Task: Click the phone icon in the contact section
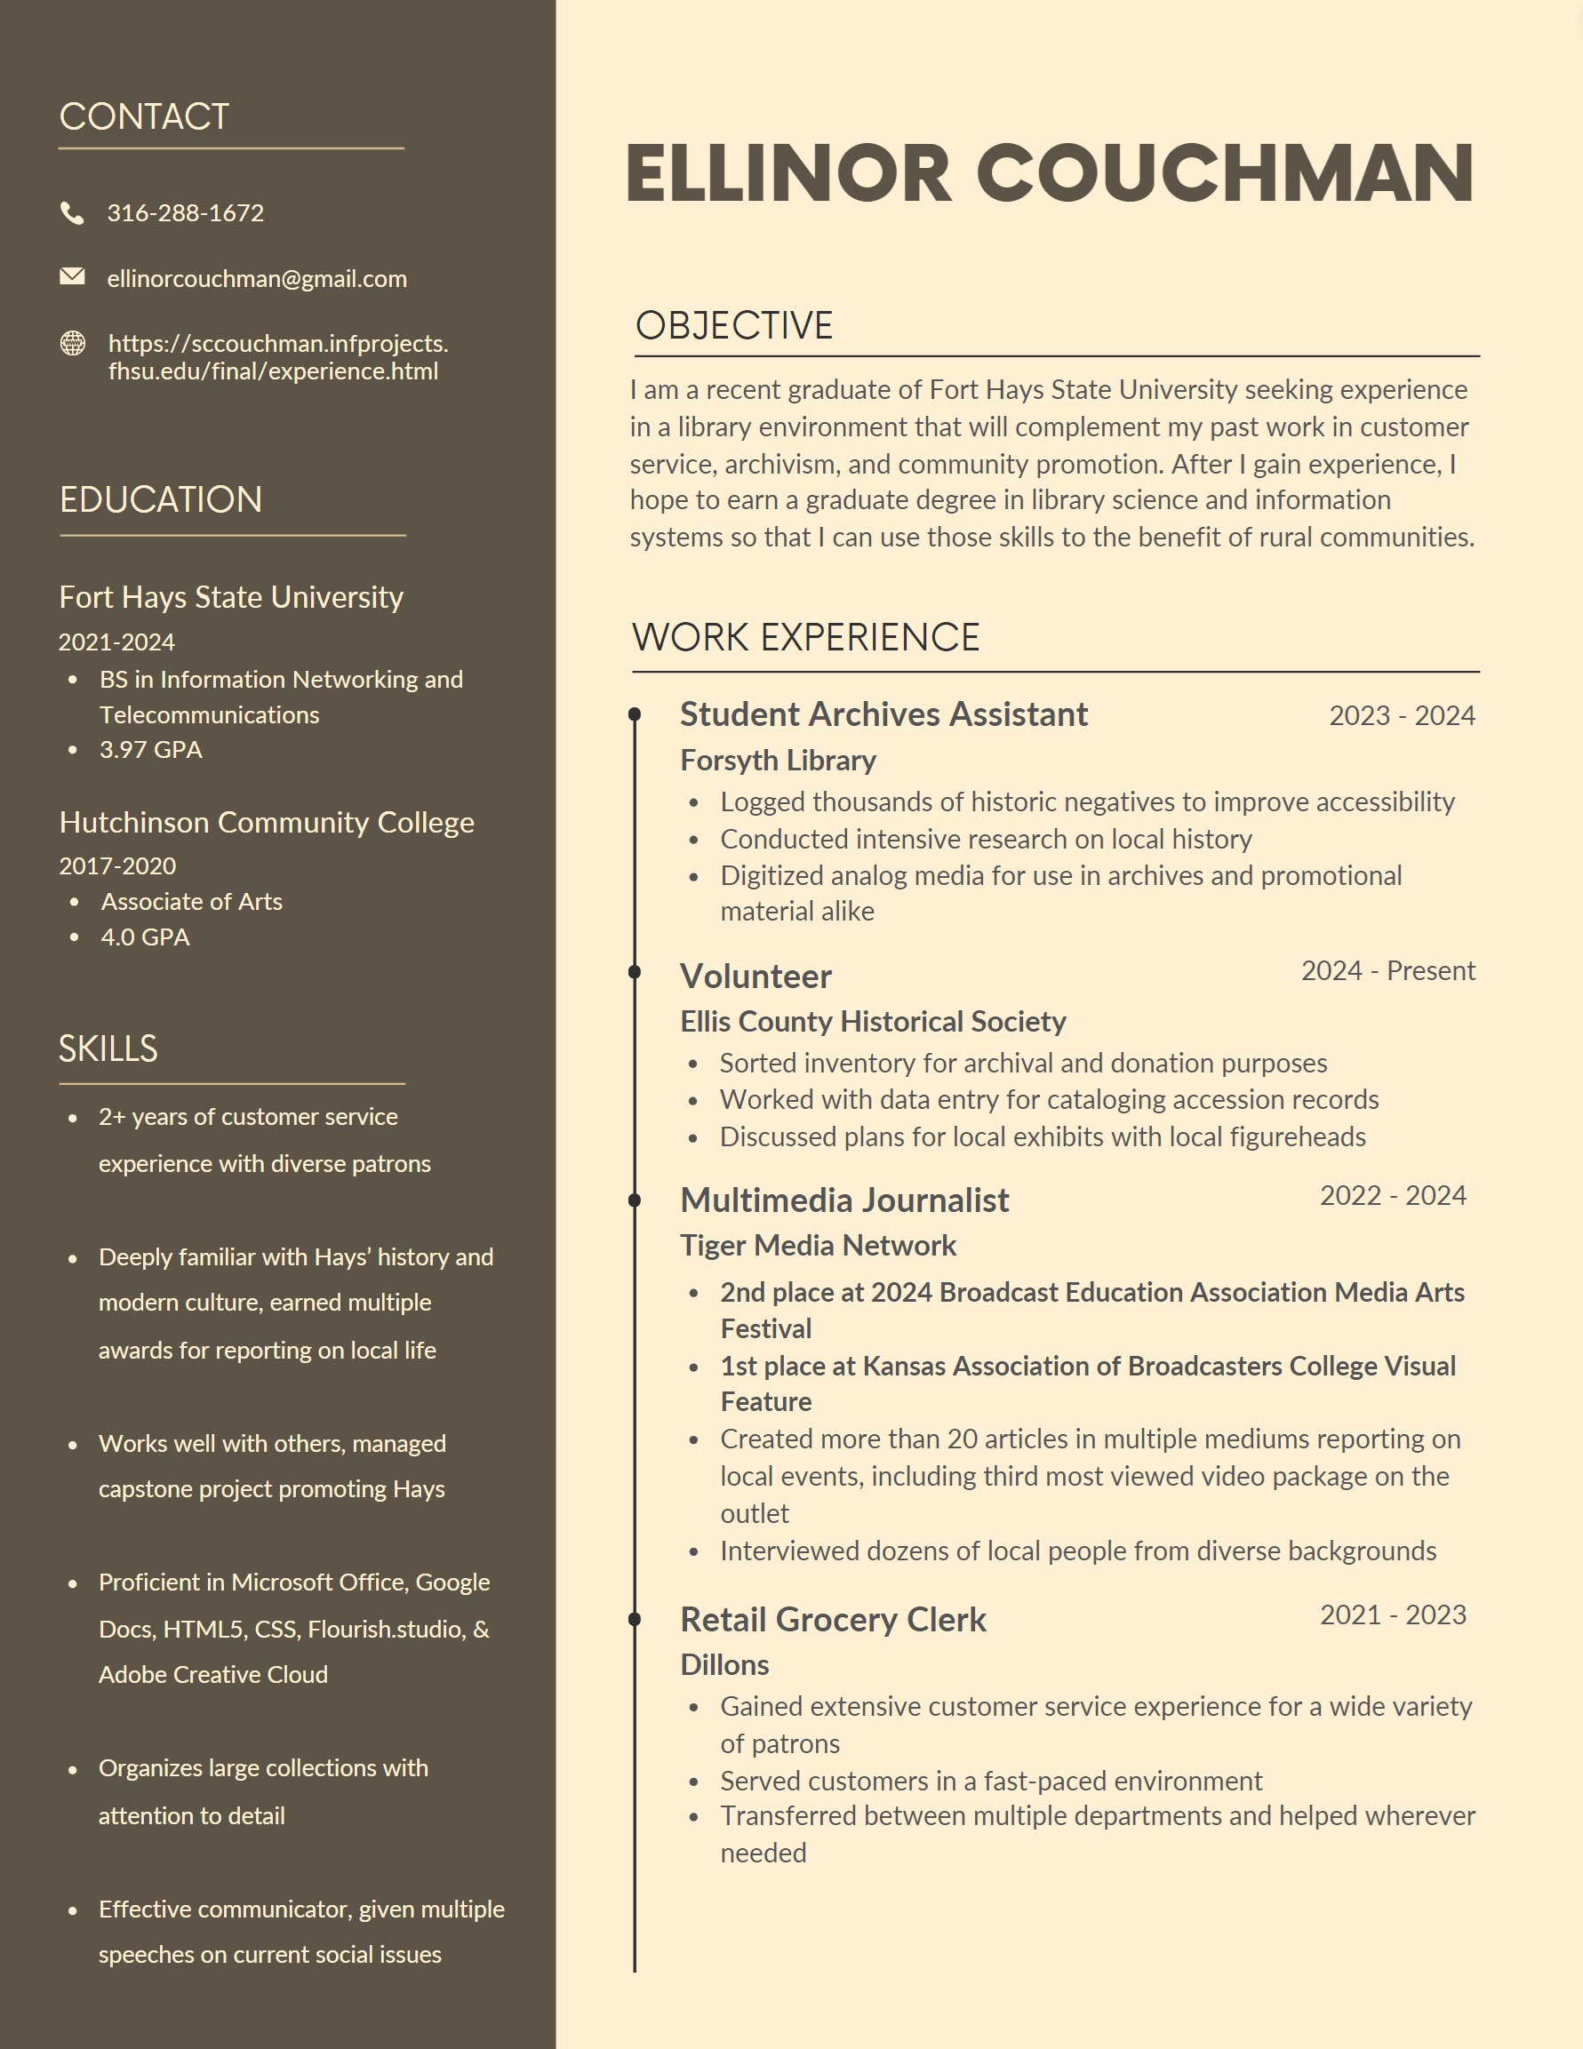pyautogui.click(x=72, y=213)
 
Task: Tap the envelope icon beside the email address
pyautogui.click(x=72, y=276)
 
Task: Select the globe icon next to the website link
pyautogui.click(x=72, y=343)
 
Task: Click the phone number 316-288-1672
pyautogui.click(x=185, y=213)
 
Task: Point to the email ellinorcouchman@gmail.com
pyautogui.click(x=256, y=279)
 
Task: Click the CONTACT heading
pyautogui.click(x=144, y=116)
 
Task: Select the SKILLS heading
pyautogui.click(x=108, y=1048)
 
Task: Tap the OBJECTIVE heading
pyautogui.click(x=734, y=325)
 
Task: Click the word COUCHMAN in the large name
pyautogui.click(x=1225, y=174)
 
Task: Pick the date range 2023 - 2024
pyautogui.click(x=1402, y=716)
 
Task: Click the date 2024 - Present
pyautogui.click(x=1387, y=971)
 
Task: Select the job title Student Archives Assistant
pyautogui.click(x=883, y=715)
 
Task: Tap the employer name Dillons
pyautogui.click(x=724, y=1665)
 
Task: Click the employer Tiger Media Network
pyautogui.click(x=818, y=1246)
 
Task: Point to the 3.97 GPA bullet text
pyautogui.click(x=151, y=750)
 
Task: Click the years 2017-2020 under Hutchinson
pyautogui.click(x=117, y=866)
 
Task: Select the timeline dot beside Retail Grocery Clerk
pyautogui.click(x=635, y=1618)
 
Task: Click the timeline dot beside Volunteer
pyautogui.click(x=635, y=972)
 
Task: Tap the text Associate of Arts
pyautogui.click(x=191, y=902)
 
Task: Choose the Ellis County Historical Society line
pyautogui.click(x=873, y=1022)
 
